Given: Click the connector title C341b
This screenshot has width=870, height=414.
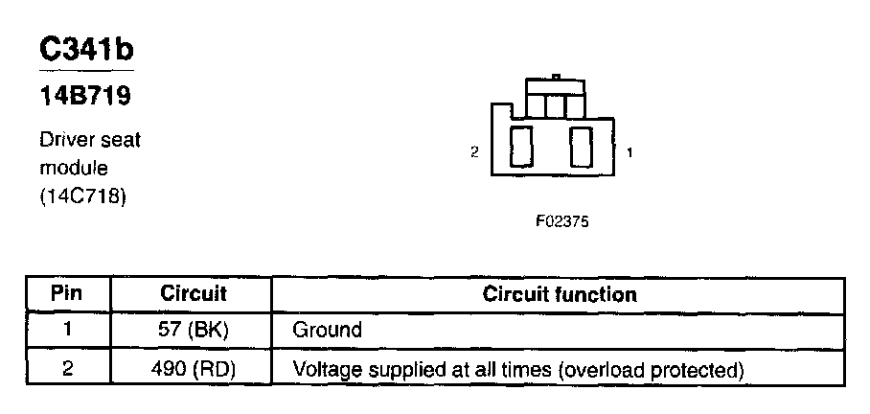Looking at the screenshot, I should pyautogui.click(x=86, y=51).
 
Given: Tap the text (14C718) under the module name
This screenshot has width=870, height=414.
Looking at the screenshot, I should pyautogui.click(x=82, y=197).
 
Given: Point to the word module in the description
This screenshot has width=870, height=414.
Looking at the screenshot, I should pyautogui.click(x=74, y=169).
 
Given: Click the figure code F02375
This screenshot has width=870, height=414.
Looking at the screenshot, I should pyautogui.click(x=562, y=220).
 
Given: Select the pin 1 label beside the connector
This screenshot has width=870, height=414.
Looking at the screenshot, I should pyautogui.click(x=629, y=152).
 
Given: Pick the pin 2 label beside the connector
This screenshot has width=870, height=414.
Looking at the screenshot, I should pyautogui.click(x=474, y=152).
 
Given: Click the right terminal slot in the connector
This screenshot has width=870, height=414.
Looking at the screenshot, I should pyautogui.click(x=581, y=148).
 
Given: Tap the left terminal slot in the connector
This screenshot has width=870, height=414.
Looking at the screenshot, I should pyautogui.click(x=521, y=148).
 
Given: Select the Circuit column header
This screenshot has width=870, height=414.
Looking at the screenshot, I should pyautogui.click(x=193, y=294).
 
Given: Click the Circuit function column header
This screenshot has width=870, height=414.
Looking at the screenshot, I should pyautogui.click(x=560, y=294).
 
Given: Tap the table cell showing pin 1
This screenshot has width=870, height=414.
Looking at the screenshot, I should pyautogui.click(x=67, y=331).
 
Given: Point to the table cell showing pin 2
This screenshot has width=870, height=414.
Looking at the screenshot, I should pyautogui.click(x=67, y=368).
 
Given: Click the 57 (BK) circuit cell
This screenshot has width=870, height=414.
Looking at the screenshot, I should pyautogui.click(x=193, y=331).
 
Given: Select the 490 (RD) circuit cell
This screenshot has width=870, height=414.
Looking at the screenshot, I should pyautogui.click(x=193, y=368).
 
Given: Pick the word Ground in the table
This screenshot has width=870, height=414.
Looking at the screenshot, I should pyautogui.click(x=327, y=331).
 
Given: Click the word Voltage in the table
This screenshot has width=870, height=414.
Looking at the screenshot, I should pyautogui.click(x=323, y=368).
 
